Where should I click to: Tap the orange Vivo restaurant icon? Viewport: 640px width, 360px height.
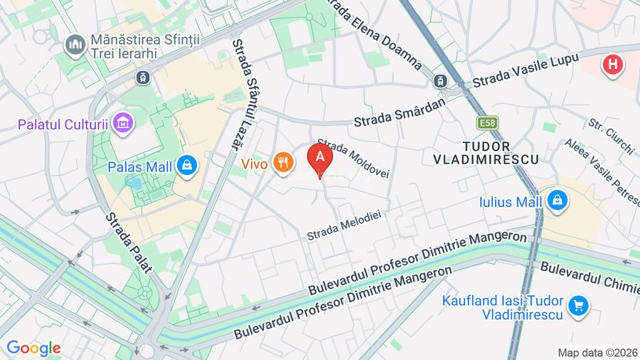284,163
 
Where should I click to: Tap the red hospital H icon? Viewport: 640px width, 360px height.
611,66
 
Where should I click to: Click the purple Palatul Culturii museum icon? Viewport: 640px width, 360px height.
124,122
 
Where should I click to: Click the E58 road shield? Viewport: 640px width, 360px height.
488,123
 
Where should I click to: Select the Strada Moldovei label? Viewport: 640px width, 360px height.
353,158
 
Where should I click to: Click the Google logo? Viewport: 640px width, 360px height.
33,349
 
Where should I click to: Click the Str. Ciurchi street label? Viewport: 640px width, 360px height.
611,135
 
